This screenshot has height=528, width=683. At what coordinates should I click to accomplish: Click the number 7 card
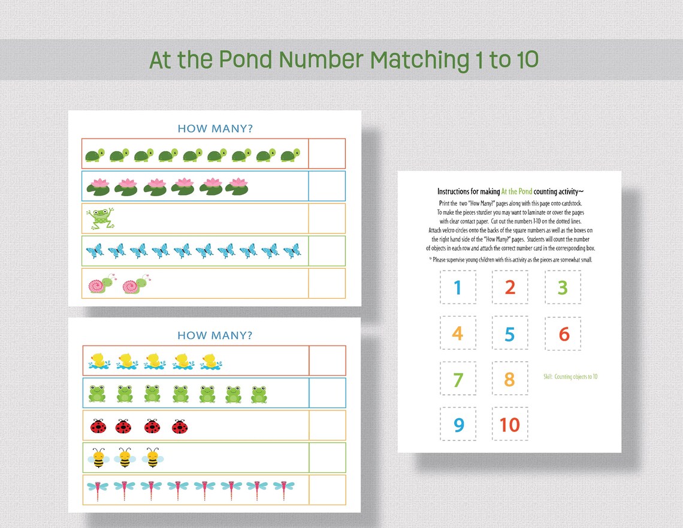[458, 379]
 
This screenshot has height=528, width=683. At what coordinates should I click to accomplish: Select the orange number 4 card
[458, 334]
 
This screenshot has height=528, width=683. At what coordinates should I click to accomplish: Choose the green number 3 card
[563, 287]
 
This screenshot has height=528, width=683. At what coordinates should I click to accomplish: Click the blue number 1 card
[458, 287]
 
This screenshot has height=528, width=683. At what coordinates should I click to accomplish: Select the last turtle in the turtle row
[291, 155]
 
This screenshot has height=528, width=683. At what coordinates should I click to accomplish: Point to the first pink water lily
[98, 186]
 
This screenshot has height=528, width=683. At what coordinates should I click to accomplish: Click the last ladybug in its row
[180, 427]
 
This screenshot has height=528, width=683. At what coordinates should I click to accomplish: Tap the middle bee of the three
[125, 458]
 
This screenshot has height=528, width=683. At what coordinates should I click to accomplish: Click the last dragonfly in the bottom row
[283, 490]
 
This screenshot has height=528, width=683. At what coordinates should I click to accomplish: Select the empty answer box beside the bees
[327, 458]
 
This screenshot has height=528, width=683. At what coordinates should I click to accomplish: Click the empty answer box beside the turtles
[327, 154]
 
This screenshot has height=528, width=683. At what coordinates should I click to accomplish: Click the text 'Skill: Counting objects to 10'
[570, 377]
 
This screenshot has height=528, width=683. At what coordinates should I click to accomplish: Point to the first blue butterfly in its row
[95, 251]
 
